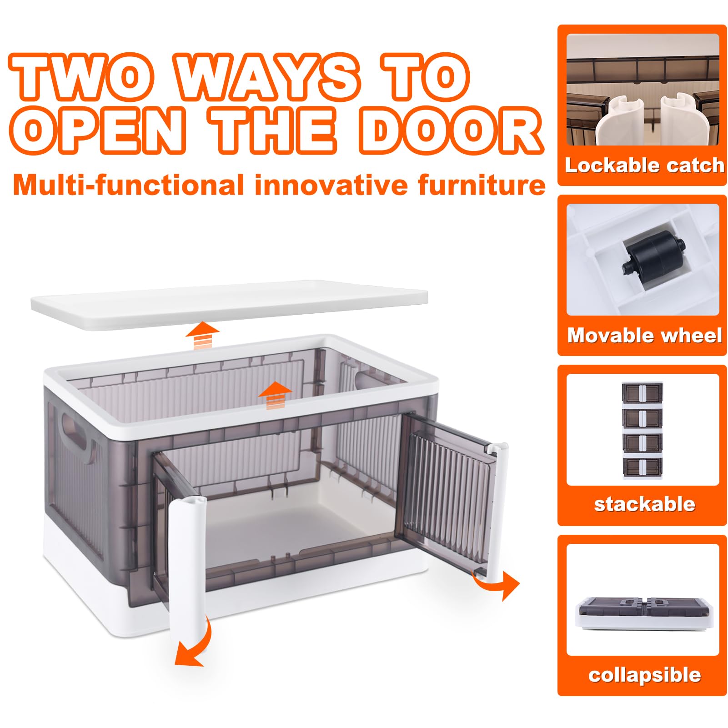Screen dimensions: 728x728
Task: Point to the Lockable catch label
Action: pos(644,166)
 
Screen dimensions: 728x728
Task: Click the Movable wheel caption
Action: pos(644,336)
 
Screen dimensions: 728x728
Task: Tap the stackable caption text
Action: pos(644,504)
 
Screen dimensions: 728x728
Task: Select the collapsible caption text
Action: pos(644,675)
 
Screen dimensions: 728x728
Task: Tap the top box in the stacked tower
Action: pos(642,393)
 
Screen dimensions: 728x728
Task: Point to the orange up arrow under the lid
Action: pos(202,336)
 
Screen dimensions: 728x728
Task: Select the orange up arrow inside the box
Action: pos(275,396)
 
